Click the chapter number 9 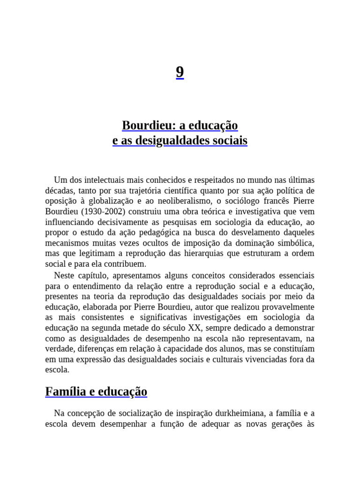180,72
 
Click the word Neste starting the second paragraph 64,275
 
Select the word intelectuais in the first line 101,180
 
